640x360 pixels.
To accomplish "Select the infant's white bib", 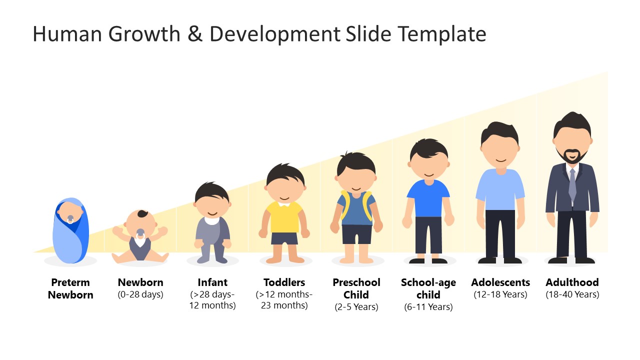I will [x=212, y=220].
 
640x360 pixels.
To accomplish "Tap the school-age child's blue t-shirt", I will [x=428, y=197].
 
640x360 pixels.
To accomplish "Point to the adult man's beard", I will [x=572, y=157].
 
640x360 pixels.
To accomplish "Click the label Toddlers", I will [x=284, y=282].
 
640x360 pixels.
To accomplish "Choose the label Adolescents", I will [x=500, y=282].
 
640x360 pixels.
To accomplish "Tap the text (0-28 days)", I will [x=140, y=294].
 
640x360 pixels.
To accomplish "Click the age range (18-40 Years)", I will [x=572, y=294].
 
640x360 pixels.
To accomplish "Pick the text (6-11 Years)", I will [x=428, y=307].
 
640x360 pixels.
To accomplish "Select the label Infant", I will [x=212, y=282].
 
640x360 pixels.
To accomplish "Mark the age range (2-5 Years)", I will [x=356, y=307].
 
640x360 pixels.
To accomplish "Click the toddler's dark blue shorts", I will [x=284, y=238].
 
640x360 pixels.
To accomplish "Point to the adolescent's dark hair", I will [x=500, y=132].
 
